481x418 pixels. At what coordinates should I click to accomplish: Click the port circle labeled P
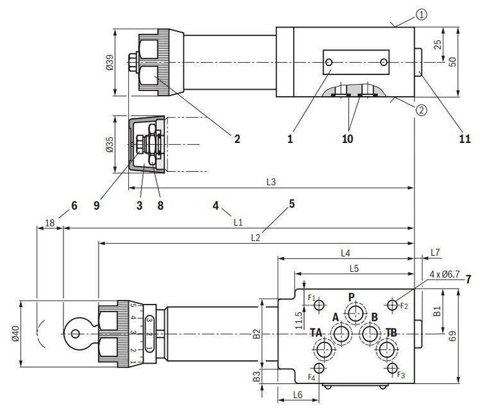pyautogui.click(x=353, y=313)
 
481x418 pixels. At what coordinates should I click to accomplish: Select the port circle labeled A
pyautogui.click(x=341, y=333)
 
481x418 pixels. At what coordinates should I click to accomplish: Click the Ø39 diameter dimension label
pyautogui.click(x=109, y=62)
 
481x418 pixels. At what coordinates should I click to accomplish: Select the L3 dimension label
pyautogui.click(x=271, y=182)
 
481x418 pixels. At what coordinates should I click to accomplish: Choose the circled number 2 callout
pyautogui.click(x=421, y=109)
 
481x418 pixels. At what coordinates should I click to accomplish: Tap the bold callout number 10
pyautogui.click(x=347, y=138)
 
